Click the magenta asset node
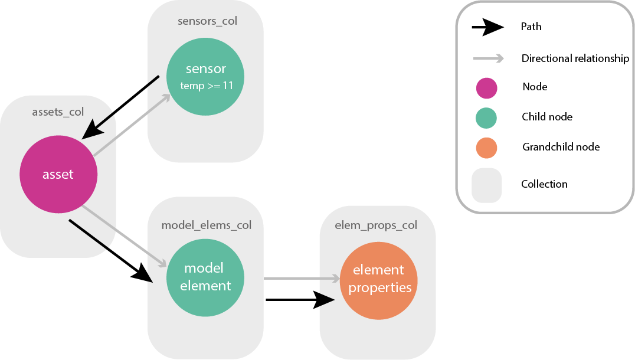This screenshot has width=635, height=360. (x=58, y=174)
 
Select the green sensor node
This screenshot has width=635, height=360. (x=205, y=76)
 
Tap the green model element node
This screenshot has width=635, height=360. (x=205, y=277)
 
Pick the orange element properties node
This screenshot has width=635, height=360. (x=378, y=279)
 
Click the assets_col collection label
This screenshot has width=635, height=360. (x=58, y=112)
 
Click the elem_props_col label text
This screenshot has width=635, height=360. (x=375, y=225)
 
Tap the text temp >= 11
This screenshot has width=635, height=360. (x=206, y=86)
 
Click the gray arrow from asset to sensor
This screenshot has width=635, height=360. (x=132, y=124)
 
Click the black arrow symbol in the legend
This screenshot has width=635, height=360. (x=487, y=27)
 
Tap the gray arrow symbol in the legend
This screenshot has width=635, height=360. (x=487, y=58)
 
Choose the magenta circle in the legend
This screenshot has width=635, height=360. (x=487, y=87)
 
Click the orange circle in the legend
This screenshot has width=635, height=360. (x=487, y=147)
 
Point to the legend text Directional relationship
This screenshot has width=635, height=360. (x=575, y=58)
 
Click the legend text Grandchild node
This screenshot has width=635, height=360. (x=561, y=146)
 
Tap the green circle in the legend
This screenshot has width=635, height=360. (x=487, y=117)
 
